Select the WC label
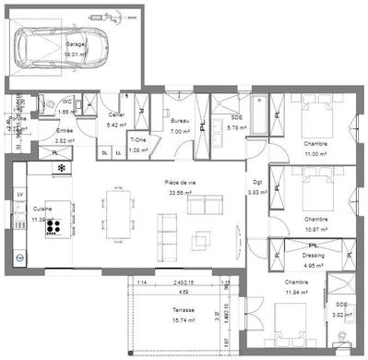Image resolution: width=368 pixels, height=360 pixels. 66,102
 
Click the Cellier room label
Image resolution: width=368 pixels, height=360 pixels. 116,115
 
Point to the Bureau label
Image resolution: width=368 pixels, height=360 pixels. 181,122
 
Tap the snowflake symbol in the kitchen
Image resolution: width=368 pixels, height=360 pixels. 62,169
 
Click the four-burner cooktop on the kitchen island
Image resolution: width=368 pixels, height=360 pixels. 53,224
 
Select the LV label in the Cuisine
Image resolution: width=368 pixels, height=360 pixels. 19,194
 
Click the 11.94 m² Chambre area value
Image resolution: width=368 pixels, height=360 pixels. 296,291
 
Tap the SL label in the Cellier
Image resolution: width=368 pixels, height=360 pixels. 104,152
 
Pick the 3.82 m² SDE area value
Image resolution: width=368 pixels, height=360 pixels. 342,315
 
